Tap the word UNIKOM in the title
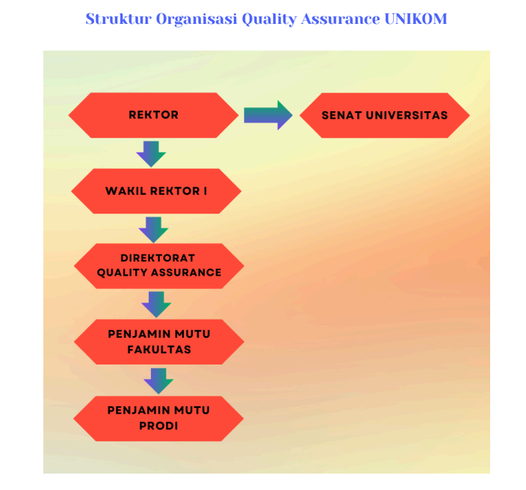(x=415, y=19)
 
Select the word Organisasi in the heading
(x=197, y=19)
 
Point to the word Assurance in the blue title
(x=341, y=19)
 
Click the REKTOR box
(x=153, y=115)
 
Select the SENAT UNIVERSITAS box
(x=385, y=115)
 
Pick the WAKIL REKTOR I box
(x=156, y=190)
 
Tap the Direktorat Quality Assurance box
(x=158, y=266)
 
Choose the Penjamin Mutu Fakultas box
(x=158, y=342)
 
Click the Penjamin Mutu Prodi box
(x=158, y=418)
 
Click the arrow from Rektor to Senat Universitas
(x=268, y=115)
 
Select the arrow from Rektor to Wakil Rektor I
(x=151, y=154)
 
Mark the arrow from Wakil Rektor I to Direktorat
(x=154, y=230)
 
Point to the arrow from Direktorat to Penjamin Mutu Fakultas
(x=156, y=305)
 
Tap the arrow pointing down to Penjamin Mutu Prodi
(x=158, y=381)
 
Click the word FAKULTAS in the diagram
(x=159, y=350)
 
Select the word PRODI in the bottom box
(x=158, y=426)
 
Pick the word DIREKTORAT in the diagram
(x=158, y=258)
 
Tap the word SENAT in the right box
(x=341, y=115)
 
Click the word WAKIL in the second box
(x=126, y=190)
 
